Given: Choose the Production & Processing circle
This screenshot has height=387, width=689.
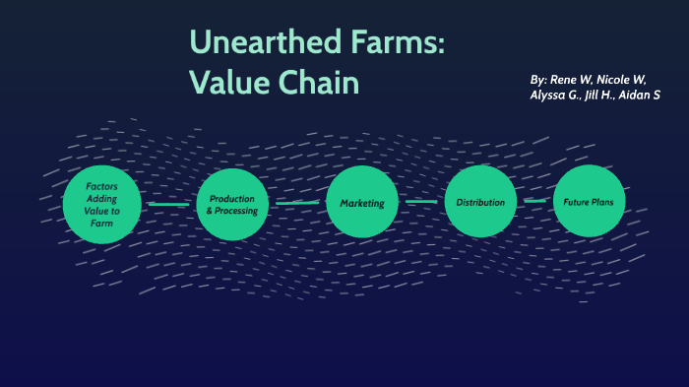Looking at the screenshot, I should [232, 205].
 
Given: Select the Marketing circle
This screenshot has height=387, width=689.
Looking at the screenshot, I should [361, 203].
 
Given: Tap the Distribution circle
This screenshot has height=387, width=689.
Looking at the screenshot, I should [480, 202].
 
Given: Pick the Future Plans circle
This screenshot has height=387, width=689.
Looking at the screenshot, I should [590, 202].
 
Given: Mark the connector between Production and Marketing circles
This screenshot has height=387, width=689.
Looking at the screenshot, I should [297, 204].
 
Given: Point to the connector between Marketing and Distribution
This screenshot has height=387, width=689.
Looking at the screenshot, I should [421, 202].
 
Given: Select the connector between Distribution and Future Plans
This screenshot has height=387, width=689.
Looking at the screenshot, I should [535, 201].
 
